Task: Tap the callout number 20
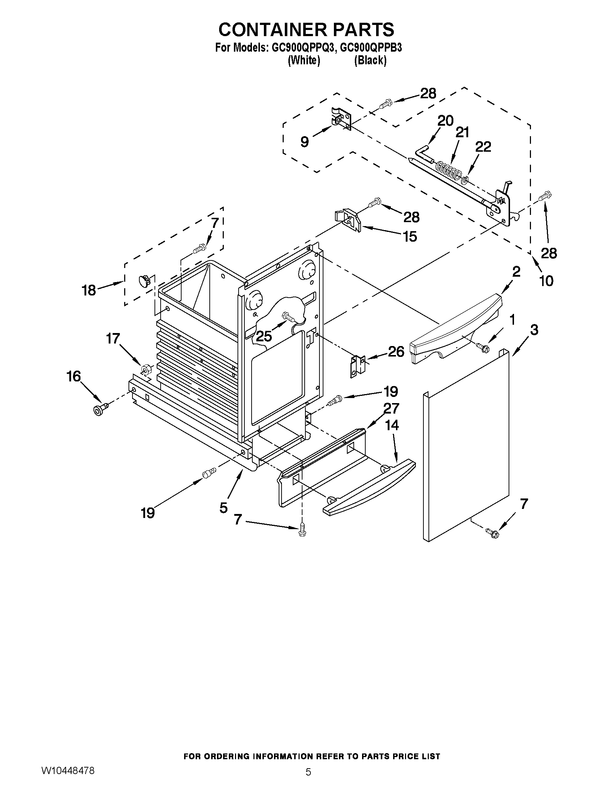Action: coord(445,121)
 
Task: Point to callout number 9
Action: coord(305,142)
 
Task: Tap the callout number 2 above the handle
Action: coord(516,272)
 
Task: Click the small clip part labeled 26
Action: coord(357,366)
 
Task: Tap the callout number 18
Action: coord(88,290)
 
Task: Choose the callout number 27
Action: coord(391,409)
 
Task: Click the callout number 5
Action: coord(224,507)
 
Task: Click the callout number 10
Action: coord(546,281)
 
